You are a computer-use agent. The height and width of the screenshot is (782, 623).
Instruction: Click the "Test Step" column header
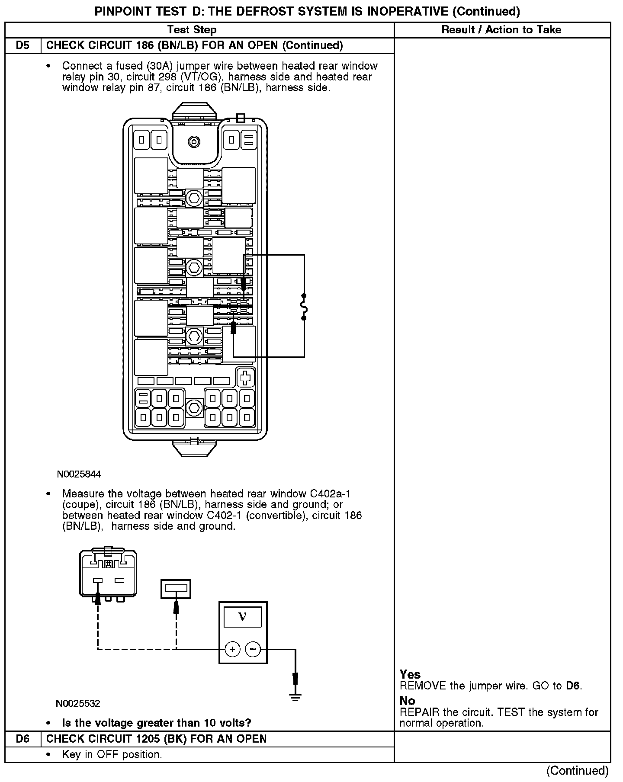click(x=192, y=30)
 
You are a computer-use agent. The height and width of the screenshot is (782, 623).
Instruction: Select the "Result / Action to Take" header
click(x=501, y=30)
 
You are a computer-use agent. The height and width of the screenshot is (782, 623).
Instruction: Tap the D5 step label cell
click(x=22, y=45)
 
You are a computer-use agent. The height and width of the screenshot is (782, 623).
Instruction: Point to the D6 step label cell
click(x=22, y=739)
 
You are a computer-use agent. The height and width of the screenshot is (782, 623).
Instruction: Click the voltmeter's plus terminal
click(x=233, y=649)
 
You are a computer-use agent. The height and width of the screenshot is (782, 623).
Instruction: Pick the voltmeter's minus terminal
click(x=253, y=649)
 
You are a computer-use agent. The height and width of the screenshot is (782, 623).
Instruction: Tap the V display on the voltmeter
click(x=243, y=617)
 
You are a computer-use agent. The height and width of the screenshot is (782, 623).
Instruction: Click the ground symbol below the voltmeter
click(x=295, y=696)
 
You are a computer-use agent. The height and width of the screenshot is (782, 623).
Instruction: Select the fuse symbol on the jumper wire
click(x=304, y=307)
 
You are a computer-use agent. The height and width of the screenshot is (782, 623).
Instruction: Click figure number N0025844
click(x=79, y=474)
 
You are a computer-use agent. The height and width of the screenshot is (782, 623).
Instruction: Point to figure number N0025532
click(x=78, y=703)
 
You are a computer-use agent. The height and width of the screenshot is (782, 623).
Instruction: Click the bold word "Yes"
click(x=410, y=674)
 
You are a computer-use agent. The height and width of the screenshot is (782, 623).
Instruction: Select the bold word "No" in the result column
click(x=407, y=701)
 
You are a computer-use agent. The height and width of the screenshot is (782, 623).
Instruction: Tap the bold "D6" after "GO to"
click(x=573, y=686)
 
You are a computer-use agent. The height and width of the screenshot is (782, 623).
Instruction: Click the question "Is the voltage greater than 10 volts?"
click(x=157, y=723)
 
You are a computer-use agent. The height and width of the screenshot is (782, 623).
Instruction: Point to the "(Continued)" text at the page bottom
click(x=578, y=770)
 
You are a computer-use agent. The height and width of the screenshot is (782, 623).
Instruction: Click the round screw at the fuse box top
click(x=193, y=141)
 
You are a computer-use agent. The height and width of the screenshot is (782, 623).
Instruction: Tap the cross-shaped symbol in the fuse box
click(x=245, y=377)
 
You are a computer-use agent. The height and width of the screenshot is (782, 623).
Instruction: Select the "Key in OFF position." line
click(x=112, y=754)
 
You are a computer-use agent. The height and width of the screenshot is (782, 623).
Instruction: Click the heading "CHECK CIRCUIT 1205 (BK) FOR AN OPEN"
click(x=156, y=739)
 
